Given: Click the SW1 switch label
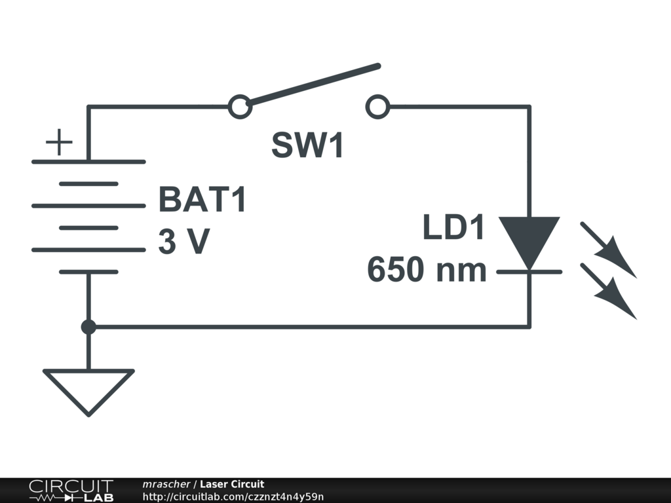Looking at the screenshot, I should (x=307, y=145).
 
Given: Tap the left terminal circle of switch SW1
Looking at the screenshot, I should (x=240, y=106).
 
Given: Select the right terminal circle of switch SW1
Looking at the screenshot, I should (x=377, y=106).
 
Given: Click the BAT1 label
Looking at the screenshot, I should (x=202, y=200).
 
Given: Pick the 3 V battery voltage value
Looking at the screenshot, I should (x=183, y=242).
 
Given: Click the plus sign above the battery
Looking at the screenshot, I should (x=59, y=142).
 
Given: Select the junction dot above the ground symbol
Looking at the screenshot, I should (x=88, y=326).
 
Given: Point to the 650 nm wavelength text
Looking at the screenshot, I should (x=427, y=270).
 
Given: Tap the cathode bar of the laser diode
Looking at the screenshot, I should (x=529, y=270).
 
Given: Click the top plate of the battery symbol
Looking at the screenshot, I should (x=88, y=162).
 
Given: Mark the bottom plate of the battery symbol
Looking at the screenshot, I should (x=88, y=271).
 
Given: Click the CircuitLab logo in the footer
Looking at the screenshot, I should (x=71, y=491).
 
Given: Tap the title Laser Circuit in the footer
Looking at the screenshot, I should (x=232, y=484).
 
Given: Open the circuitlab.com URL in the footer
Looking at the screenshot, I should (x=233, y=497).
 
